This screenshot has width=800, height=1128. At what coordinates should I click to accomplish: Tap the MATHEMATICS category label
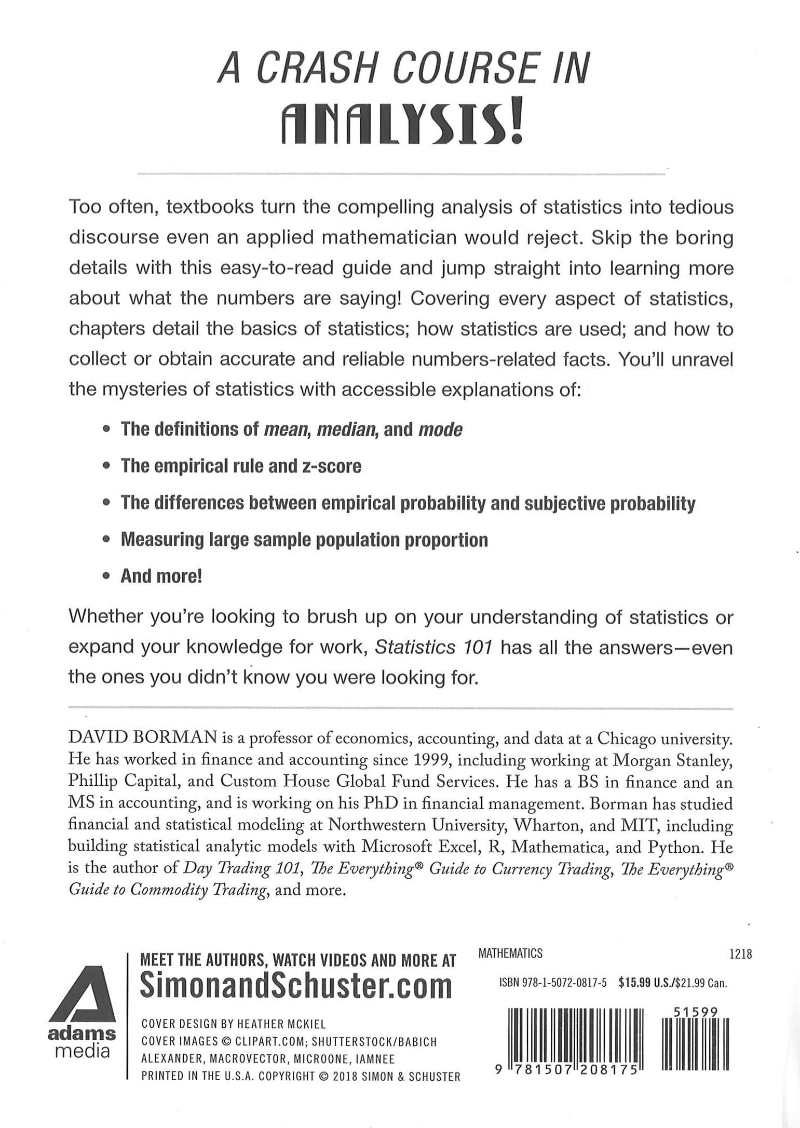click(x=510, y=954)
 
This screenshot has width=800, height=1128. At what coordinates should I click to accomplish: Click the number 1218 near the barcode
click(x=740, y=954)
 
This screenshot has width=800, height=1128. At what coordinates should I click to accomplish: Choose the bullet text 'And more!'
click(x=161, y=576)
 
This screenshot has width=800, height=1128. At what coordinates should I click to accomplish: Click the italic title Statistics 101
click(x=433, y=648)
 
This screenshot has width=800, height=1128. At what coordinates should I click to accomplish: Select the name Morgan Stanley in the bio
click(x=673, y=759)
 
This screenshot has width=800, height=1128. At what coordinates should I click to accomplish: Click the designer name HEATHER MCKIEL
click(x=281, y=1024)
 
